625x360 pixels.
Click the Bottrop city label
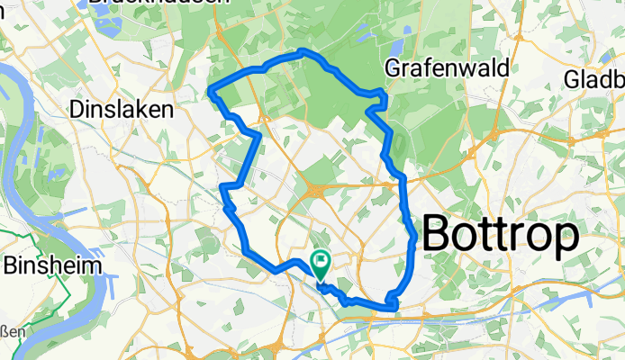pyautogui.click(x=500, y=237)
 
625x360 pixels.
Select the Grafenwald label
pyautogui.click(x=447, y=67)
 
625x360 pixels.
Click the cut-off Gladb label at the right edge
pyautogui.click(x=594, y=80)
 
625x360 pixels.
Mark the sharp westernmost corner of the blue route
pyautogui.click(x=211, y=89)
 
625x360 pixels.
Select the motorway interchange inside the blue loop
pyautogui.click(x=317, y=188)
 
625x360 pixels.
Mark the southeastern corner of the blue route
pyautogui.click(x=394, y=308)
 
